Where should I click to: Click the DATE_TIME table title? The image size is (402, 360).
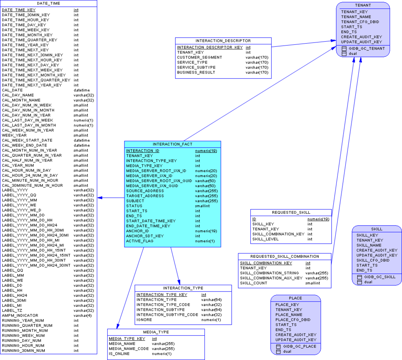(x=48, y=3)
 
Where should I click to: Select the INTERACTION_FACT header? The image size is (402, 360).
(x=172, y=144)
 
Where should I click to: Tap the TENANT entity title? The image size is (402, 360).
(x=363, y=5)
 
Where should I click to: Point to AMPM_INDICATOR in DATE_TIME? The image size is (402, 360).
(x=20, y=316)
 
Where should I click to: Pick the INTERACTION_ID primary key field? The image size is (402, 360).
(x=143, y=151)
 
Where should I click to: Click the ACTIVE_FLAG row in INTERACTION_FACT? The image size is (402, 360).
(x=140, y=241)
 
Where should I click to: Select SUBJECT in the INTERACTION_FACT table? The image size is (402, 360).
(x=135, y=201)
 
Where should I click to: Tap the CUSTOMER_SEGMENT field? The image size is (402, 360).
(x=200, y=58)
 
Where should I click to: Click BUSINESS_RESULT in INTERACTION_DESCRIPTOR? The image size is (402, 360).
(x=196, y=72)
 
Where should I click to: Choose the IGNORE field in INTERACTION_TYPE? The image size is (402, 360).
(x=144, y=320)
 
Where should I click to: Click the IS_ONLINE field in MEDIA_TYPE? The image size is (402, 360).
(x=119, y=354)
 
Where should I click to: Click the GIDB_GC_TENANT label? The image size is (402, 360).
(x=367, y=48)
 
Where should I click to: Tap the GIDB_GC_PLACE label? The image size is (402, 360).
(x=300, y=346)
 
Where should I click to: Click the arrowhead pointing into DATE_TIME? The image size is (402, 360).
(x=100, y=198)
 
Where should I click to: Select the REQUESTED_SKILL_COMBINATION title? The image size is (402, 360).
(x=284, y=256)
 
